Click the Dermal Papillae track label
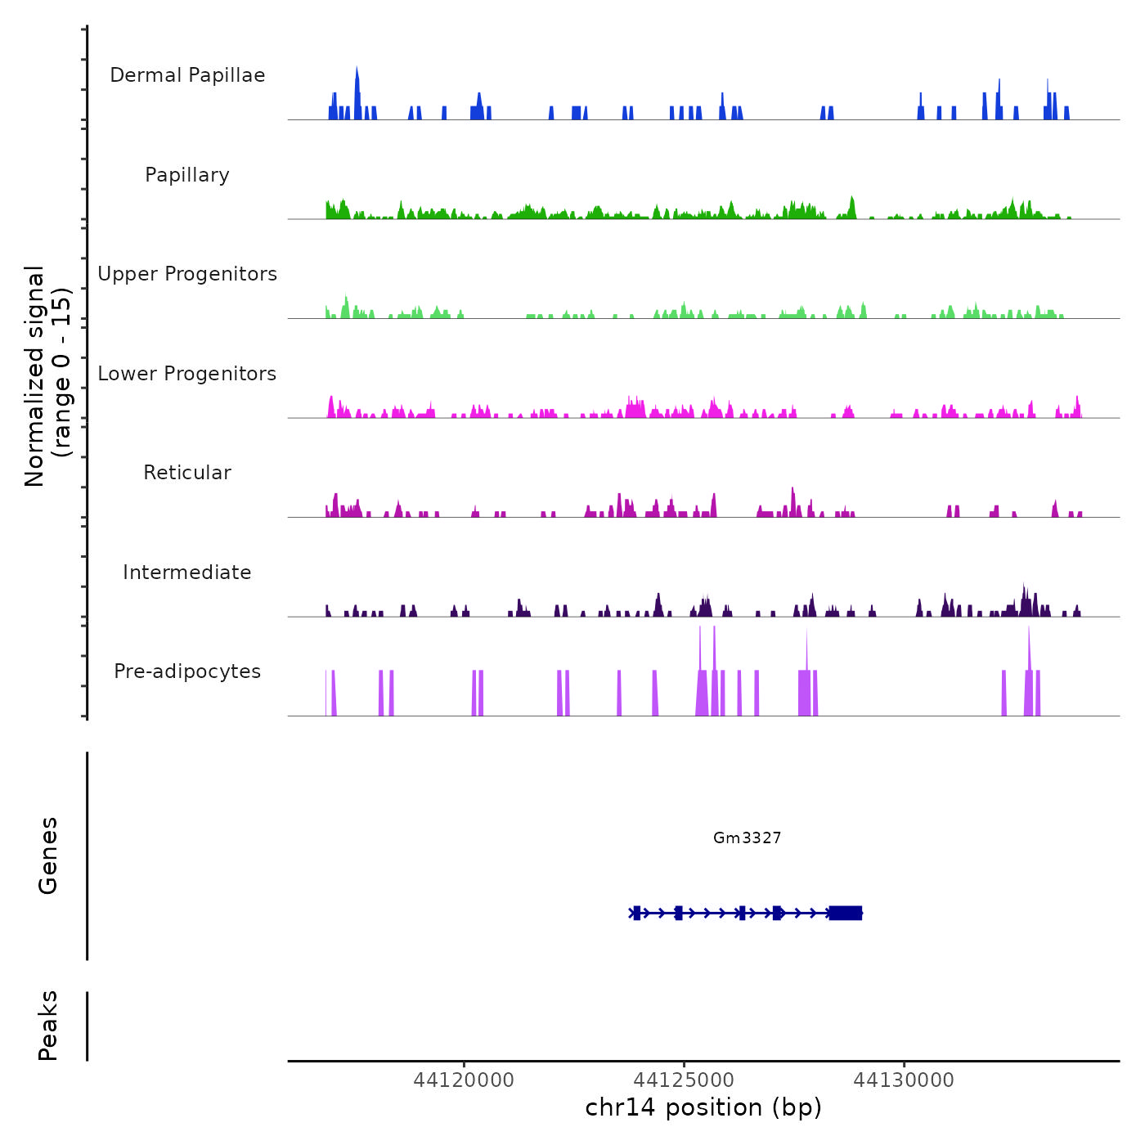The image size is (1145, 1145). point(187,75)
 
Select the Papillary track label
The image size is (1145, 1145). point(187,175)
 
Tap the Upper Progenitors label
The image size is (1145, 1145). point(187,274)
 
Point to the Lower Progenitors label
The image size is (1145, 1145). point(187,374)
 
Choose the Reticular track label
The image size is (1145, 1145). point(187,473)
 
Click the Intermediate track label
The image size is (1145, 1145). point(187,572)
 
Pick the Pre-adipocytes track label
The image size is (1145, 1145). point(187,671)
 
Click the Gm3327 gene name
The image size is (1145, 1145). point(747,837)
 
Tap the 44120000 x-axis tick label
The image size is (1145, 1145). point(464,1080)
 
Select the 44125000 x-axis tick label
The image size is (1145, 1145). point(685,1080)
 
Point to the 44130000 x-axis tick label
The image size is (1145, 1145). point(904,1080)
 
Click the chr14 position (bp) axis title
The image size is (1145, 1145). point(703,1108)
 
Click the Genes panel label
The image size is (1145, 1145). point(48,855)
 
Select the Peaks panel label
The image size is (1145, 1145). point(48,1026)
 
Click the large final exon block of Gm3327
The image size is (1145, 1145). point(845,913)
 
